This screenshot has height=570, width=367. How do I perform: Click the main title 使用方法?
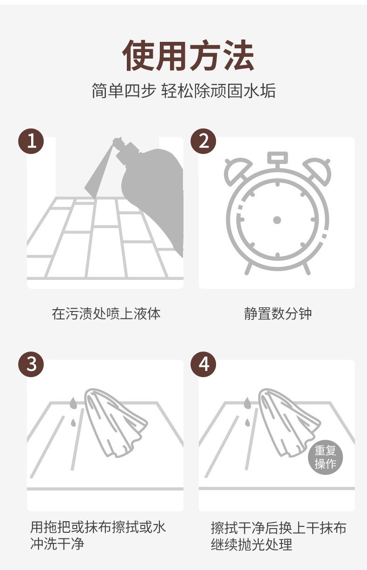188,56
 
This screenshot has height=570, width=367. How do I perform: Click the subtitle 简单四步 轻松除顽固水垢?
183,91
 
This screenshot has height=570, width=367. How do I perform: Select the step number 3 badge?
31,364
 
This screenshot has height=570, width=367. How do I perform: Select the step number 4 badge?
203,364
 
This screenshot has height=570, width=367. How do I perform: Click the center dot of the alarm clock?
277,220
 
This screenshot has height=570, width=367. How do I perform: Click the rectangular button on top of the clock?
277,156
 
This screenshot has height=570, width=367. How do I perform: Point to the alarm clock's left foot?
249,268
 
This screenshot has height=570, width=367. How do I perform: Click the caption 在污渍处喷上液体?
106,314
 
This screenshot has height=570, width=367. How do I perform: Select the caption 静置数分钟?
278,314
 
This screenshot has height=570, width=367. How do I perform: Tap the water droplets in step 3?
73,411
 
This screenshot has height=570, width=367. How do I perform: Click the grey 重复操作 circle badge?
325,457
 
